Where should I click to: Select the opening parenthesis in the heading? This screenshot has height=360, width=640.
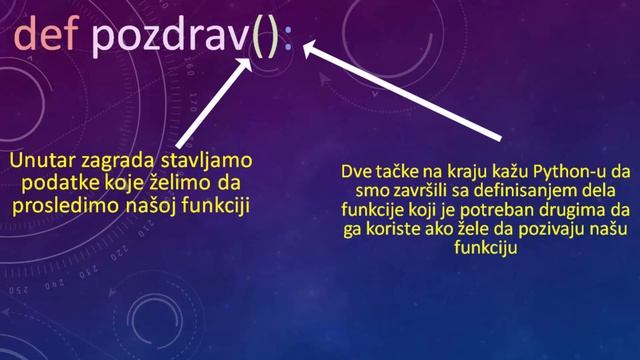pos(253,38)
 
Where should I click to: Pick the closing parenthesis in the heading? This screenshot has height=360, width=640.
pos(270,38)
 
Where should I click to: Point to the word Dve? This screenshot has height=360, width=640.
pos(356,170)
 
